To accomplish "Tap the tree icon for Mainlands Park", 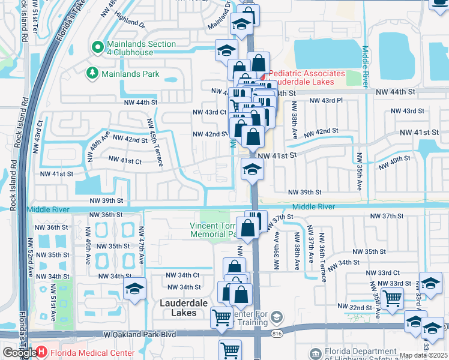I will click(92, 74).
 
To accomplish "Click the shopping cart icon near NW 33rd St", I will click(391, 298).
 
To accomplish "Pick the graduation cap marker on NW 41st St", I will click(252, 169).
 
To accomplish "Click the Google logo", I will click(19, 353).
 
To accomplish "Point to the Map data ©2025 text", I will click(424, 356).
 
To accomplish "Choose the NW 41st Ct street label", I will click(125, 160).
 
